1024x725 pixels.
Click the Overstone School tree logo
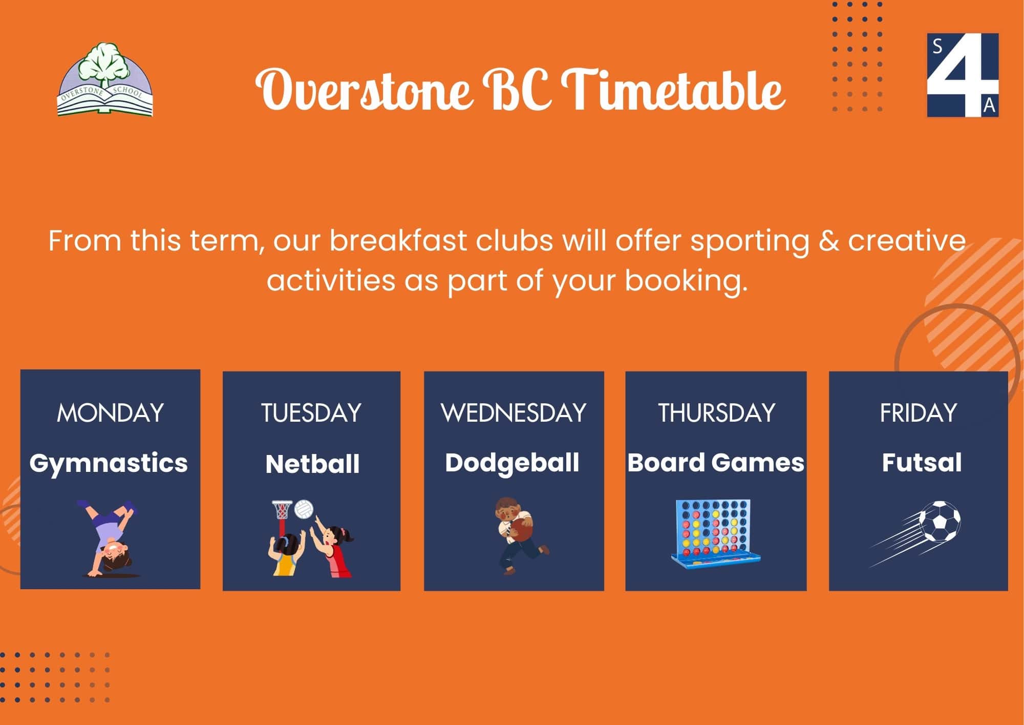[105, 79]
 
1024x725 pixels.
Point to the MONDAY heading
[110, 413]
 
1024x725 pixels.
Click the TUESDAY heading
[311, 413]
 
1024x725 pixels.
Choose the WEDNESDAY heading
[514, 413]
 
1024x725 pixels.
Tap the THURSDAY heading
[716, 413]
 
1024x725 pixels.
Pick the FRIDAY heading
[918, 413]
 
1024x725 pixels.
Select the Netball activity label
[312, 464]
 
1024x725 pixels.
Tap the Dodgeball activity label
[512, 463]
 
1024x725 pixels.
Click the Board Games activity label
[716, 463]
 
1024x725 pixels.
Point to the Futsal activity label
[922, 462]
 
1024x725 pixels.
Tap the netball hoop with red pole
[282, 517]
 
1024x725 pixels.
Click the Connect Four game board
[716, 533]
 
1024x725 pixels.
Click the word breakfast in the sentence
[398, 240]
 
